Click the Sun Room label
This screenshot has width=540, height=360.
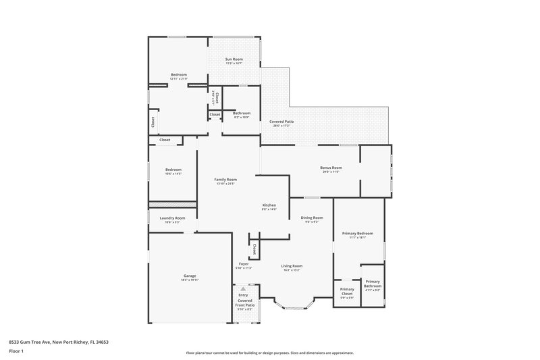(x=234, y=59)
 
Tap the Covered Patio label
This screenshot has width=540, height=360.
(x=281, y=121)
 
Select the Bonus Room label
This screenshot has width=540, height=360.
(x=331, y=168)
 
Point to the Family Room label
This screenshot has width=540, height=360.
(x=226, y=179)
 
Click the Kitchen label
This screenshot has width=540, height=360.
(x=269, y=205)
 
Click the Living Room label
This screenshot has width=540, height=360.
(x=292, y=265)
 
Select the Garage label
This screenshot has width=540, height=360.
(x=190, y=276)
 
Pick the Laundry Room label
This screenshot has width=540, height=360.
(x=172, y=218)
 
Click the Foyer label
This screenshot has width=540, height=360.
(x=244, y=263)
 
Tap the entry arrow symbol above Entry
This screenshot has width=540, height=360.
(x=244, y=288)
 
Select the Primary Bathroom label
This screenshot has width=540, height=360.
(x=373, y=286)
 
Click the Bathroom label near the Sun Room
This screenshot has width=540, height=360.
(x=242, y=113)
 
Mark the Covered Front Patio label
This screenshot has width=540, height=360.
(x=244, y=303)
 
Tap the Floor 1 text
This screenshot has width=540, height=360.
(x=16, y=351)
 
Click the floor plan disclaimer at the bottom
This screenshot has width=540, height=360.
(x=269, y=353)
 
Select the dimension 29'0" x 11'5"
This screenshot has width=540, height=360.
(x=331, y=172)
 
